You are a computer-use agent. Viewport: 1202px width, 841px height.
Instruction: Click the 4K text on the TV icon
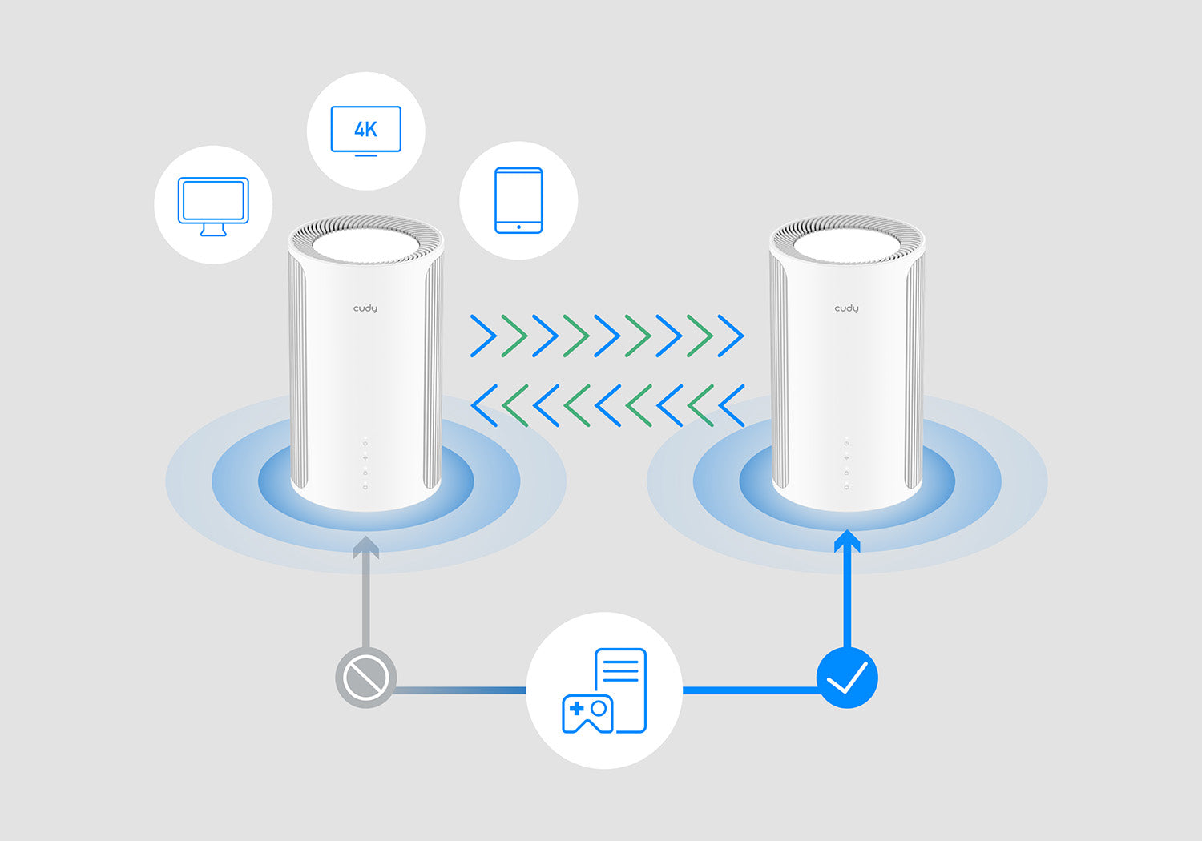coord(365,129)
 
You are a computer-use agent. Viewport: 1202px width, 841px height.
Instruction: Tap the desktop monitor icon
coord(213,205)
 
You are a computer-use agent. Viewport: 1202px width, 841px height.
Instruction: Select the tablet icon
coord(518,200)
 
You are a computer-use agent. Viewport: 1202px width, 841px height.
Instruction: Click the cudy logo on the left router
coord(365,308)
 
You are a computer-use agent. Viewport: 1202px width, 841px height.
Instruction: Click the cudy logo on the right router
coord(846,308)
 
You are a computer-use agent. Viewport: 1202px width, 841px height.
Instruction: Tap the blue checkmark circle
coord(847,678)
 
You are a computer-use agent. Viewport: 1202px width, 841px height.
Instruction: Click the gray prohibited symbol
coord(365,678)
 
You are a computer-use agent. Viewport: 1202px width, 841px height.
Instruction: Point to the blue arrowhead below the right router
coord(847,541)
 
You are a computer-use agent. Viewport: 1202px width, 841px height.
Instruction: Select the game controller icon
coord(587,713)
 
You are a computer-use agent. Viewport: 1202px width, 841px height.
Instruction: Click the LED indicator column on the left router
coord(365,465)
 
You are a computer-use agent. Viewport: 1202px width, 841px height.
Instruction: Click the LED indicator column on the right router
coord(846,465)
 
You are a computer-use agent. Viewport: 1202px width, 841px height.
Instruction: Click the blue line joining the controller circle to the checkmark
coord(750,690)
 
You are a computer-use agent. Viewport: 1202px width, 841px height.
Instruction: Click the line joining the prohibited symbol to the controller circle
coord(461,690)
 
